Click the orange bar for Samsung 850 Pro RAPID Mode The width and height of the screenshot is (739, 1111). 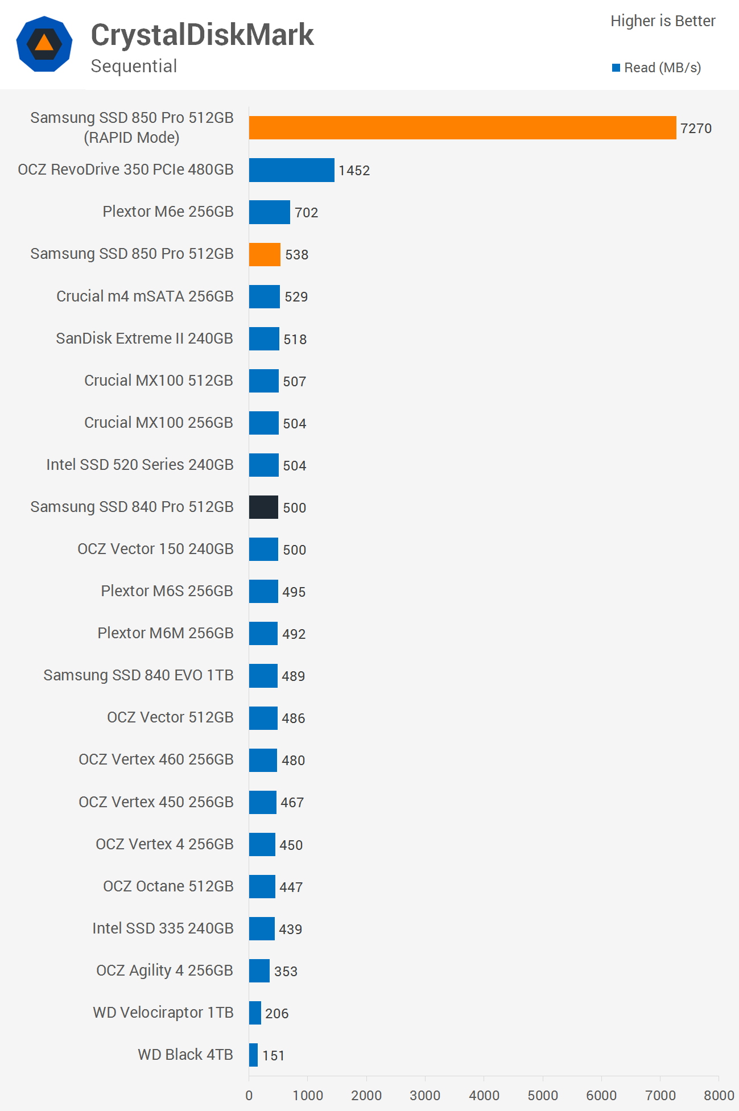(x=462, y=128)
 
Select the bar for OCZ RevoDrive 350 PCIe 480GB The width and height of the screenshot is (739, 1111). (x=291, y=170)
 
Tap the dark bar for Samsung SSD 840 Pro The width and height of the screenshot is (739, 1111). (x=263, y=507)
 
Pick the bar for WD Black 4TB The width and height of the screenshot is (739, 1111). (x=253, y=1055)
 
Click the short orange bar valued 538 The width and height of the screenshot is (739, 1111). (x=265, y=254)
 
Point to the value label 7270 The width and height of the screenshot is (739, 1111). (x=696, y=129)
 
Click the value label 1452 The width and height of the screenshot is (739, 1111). (x=354, y=171)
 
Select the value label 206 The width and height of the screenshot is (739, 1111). (x=276, y=1014)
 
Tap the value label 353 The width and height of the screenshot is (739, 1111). (x=286, y=972)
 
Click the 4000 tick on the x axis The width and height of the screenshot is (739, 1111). (x=484, y=1096)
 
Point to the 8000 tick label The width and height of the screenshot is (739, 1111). (x=719, y=1096)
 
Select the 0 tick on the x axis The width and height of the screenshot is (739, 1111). (x=249, y=1096)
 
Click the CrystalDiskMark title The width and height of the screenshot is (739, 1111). (x=202, y=35)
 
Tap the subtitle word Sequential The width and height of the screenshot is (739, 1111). (x=134, y=66)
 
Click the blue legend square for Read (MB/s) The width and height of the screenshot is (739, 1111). (x=616, y=68)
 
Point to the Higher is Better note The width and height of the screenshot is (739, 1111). (x=663, y=21)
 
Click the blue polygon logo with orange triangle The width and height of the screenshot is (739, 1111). (x=44, y=44)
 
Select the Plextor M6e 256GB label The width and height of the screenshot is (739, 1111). (x=168, y=212)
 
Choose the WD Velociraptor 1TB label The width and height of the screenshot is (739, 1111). (x=163, y=1013)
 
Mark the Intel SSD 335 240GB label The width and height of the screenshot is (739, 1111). (x=163, y=928)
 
